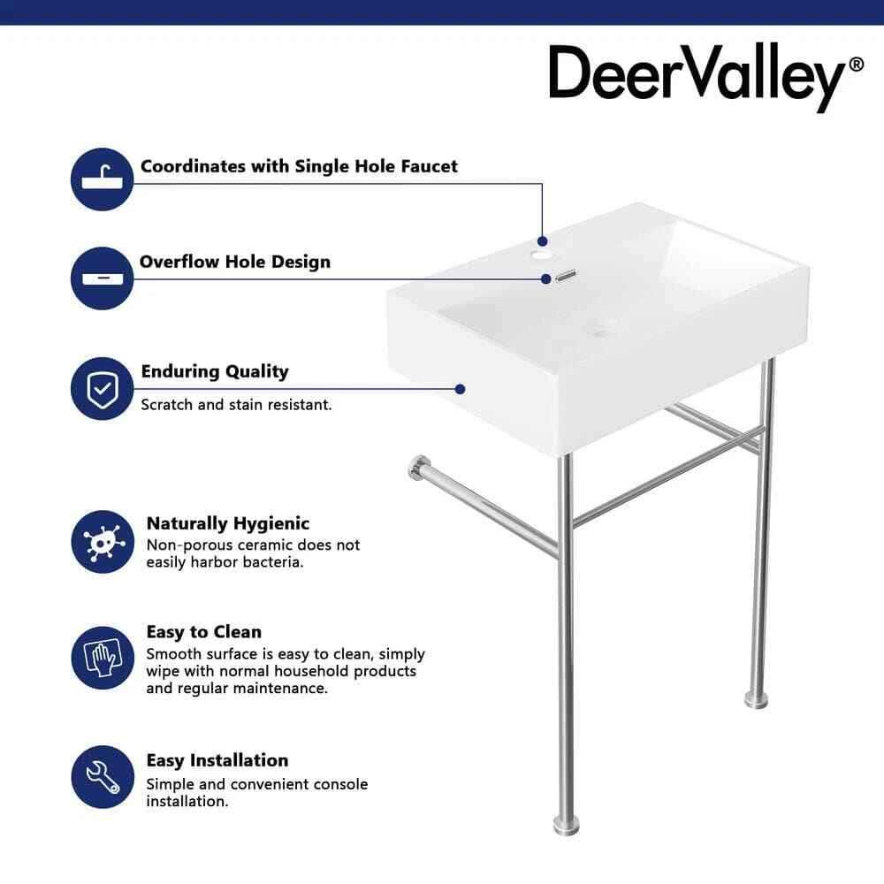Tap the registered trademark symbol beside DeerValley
856,65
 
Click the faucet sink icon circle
102,179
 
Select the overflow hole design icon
102,278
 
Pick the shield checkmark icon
102,388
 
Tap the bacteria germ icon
103,542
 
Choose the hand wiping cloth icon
103,658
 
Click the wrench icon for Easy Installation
103,777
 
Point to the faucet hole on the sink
542,256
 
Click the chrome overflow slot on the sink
566,276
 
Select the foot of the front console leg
566,826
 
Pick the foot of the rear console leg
756,699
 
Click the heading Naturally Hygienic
228,523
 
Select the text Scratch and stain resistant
236,405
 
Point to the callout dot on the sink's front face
460,389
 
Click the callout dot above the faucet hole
543,241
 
